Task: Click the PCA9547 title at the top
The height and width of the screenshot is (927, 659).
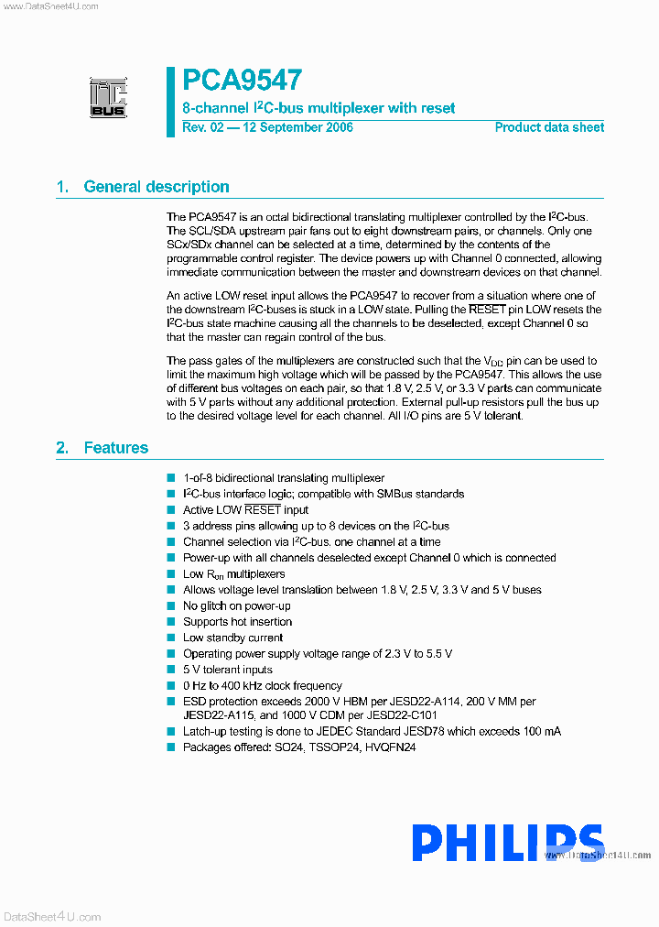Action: (243, 81)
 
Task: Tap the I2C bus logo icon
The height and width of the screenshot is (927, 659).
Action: (108, 97)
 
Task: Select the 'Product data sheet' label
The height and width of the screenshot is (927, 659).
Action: (549, 127)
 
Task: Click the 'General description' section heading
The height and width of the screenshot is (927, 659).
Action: (156, 187)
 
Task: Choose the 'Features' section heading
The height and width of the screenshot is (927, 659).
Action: (115, 448)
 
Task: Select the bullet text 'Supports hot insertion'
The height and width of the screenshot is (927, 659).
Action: (237, 622)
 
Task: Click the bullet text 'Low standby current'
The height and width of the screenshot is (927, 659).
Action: (232, 638)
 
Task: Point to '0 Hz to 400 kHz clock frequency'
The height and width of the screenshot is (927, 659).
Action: (262, 685)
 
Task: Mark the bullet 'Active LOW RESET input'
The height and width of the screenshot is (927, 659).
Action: (245, 510)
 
